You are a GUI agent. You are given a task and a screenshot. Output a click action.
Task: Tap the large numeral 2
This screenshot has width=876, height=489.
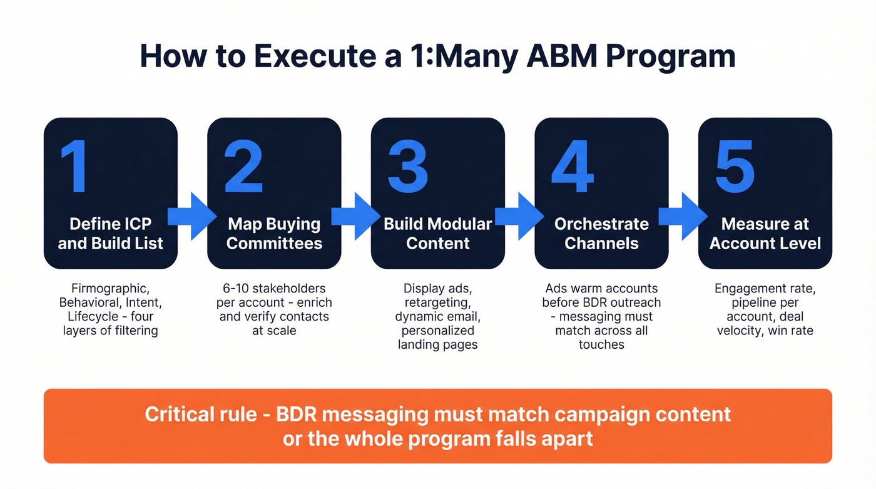(243, 167)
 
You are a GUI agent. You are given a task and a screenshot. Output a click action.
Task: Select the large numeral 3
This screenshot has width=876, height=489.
(407, 167)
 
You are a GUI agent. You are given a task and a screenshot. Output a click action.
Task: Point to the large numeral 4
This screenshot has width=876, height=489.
(572, 167)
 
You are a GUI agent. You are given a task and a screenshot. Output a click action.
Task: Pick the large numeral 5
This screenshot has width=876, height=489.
(735, 167)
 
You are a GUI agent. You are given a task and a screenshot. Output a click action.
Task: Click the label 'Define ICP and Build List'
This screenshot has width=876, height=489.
(111, 234)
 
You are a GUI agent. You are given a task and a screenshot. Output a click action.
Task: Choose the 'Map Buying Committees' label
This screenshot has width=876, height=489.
(274, 234)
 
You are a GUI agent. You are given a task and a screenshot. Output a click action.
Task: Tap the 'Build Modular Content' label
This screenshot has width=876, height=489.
(438, 234)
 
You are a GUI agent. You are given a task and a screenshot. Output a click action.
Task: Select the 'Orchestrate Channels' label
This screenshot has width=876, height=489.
(601, 234)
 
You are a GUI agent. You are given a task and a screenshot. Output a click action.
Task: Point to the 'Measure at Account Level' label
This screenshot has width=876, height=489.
(765, 234)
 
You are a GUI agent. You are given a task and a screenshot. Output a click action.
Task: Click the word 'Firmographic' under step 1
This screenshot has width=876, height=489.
(111, 289)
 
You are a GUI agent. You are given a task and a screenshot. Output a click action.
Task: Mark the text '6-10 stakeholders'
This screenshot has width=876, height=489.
(274, 289)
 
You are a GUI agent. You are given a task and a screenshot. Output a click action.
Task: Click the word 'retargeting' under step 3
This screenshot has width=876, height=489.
(438, 302)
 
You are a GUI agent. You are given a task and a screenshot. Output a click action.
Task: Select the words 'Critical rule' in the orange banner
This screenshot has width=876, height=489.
(200, 414)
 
